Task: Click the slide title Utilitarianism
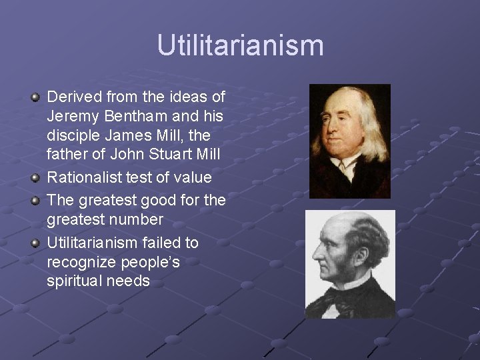[240, 46]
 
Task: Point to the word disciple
[73, 136]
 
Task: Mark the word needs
[129, 281]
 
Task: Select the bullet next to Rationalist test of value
[36, 178]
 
